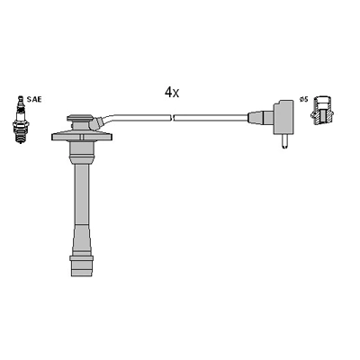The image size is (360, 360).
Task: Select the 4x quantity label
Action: (x=172, y=92)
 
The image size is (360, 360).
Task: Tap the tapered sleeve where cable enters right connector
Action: (x=262, y=117)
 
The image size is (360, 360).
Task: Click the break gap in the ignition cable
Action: (x=173, y=117)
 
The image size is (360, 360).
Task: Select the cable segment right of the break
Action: (x=211, y=117)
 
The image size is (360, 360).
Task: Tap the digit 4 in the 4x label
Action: (x=167, y=92)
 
